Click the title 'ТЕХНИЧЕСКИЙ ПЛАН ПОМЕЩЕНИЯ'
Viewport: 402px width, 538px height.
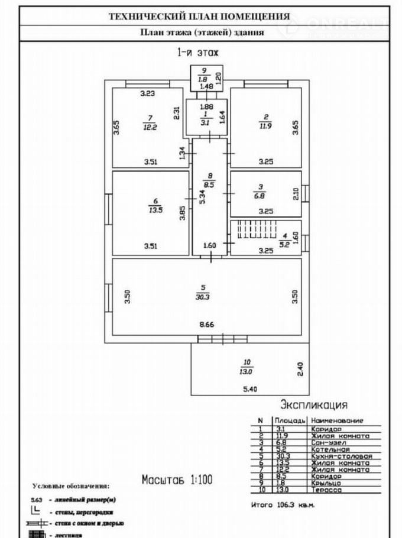(199, 17)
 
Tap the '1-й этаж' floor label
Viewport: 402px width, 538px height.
(198, 53)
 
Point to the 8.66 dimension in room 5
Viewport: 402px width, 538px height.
(206, 325)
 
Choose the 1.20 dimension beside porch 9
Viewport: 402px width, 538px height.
(218, 77)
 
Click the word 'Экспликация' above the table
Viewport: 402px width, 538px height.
(313, 405)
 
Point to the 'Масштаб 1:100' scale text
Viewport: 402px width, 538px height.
(177, 479)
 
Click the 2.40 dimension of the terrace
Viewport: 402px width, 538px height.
(300, 370)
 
